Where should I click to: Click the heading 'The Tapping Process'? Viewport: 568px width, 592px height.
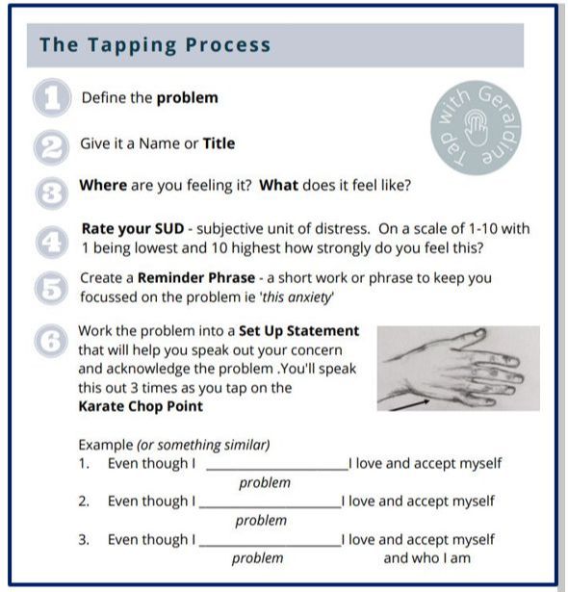[155, 45]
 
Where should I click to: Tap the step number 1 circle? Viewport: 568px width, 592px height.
[52, 98]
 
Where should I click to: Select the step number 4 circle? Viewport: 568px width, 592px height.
[52, 242]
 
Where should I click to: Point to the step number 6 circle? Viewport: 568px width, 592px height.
[51, 341]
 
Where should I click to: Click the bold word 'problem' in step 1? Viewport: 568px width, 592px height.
[188, 98]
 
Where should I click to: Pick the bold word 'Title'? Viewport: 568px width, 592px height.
[219, 143]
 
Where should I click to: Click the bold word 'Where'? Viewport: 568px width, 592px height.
[103, 186]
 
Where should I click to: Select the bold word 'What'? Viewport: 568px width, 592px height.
[279, 186]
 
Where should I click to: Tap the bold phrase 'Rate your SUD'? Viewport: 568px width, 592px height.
[133, 229]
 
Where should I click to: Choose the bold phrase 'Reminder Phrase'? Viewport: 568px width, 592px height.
[196, 278]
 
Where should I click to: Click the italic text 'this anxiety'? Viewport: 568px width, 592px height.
[297, 297]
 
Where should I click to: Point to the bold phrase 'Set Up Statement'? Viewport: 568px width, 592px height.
[298, 331]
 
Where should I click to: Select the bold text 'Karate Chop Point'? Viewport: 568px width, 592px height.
[141, 406]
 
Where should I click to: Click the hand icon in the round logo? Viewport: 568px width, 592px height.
[476, 128]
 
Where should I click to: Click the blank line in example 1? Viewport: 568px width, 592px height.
[277, 470]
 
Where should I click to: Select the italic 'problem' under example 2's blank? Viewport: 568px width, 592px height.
[261, 521]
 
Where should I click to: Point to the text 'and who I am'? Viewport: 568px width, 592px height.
[427, 558]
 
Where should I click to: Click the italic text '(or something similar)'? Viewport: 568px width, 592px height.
[203, 445]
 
